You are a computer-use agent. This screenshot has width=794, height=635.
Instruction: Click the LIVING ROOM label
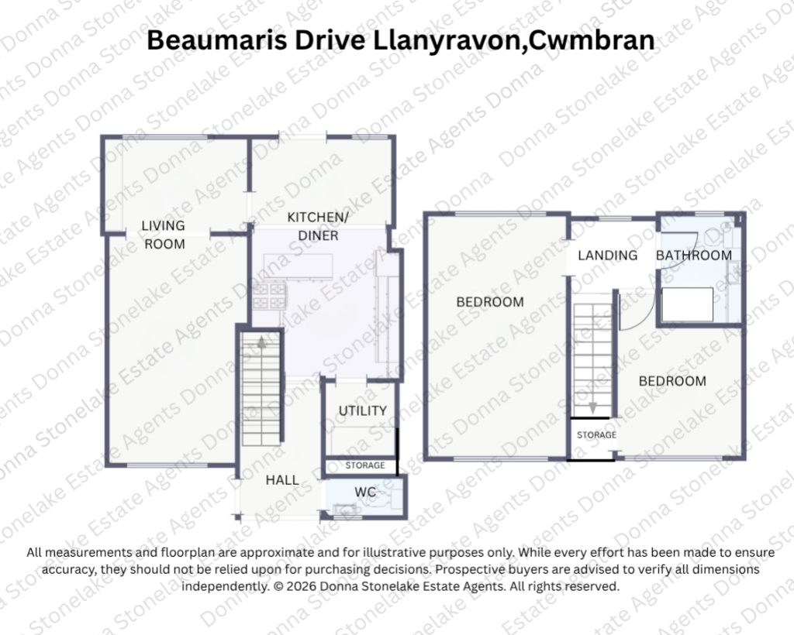coord(163,235)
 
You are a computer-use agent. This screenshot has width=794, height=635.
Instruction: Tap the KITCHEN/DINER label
coord(318,226)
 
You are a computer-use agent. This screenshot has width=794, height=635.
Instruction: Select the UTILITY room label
coord(363,410)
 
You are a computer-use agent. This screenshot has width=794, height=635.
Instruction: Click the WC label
coord(365,492)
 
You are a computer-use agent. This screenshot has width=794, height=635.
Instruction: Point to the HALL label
coord(282,480)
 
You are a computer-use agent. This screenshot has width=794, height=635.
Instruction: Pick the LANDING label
coord(608,256)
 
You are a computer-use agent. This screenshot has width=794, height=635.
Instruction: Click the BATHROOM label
coord(694,256)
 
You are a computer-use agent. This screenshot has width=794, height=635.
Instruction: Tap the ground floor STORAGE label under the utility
coord(365,465)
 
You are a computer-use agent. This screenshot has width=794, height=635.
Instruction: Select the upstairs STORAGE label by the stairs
coord(596,434)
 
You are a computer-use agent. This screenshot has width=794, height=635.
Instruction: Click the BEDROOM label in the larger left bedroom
coord(490,302)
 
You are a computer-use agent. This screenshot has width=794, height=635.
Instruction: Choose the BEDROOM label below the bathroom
coord(672,381)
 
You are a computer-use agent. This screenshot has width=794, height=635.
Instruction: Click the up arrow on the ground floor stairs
coord(261,343)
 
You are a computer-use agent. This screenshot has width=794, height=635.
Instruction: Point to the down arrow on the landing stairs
coord(592,407)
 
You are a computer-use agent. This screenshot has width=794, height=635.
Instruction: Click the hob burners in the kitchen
coord(269,296)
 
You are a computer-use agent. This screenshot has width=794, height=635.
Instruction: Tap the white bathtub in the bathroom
coord(688,304)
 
